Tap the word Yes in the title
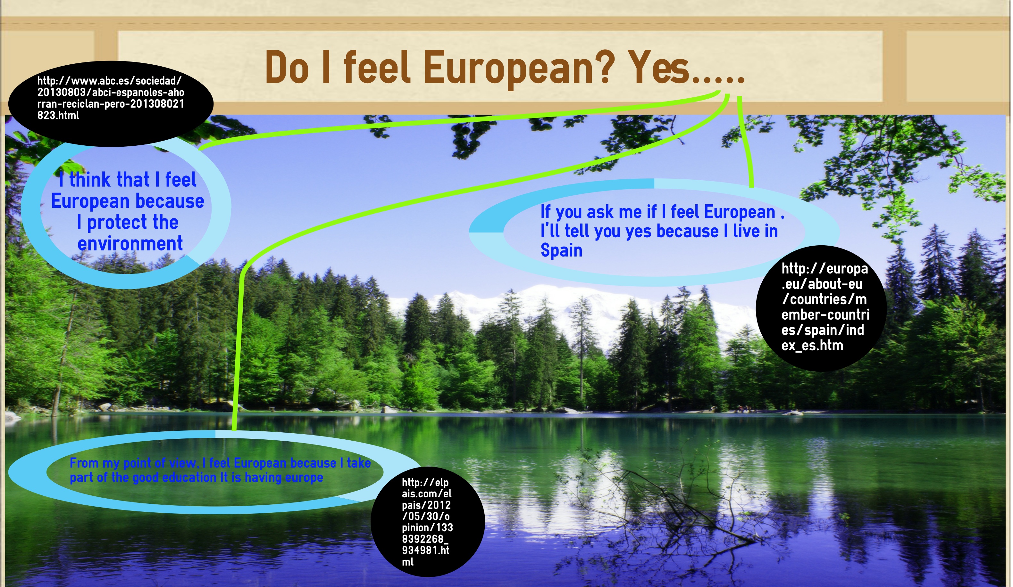(659, 67)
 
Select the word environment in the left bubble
(130, 243)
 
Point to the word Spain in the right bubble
(561, 250)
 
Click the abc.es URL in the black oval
(111, 98)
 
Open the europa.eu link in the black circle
(825, 307)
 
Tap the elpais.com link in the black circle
(427, 522)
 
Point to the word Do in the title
(287, 67)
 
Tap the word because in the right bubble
(687, 231)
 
